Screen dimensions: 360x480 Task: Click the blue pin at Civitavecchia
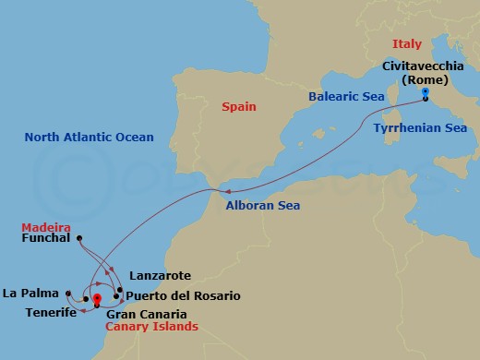coord(425,92)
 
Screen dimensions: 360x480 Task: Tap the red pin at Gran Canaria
coord(96,298)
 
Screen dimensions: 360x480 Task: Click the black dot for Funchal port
coord(79,238)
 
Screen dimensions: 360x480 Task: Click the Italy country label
coord(408,42)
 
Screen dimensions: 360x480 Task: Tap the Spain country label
coord(238,107)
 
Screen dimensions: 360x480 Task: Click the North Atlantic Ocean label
coord(89,138)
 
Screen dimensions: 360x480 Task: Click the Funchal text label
coord(46,238)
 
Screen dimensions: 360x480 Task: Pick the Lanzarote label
coord(160,275)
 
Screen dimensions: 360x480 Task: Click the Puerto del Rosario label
coord(183,295)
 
